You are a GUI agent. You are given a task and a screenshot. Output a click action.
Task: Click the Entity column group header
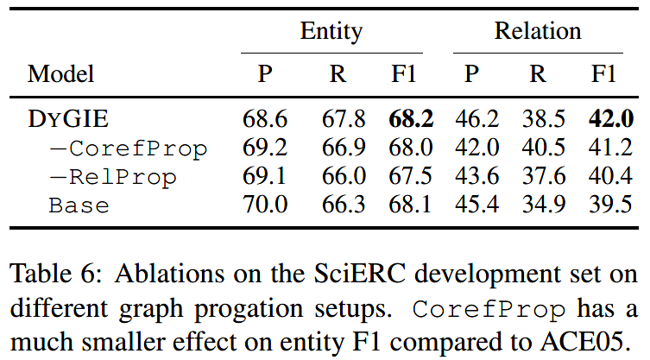click(331, 33)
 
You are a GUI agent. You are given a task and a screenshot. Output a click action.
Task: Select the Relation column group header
click(537, 33)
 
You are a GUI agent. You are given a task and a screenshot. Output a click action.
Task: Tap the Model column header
click(60, 74)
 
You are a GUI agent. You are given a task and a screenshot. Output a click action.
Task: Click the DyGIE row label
click(66, 119)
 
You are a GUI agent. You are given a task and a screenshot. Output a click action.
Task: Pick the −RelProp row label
click(113, 177)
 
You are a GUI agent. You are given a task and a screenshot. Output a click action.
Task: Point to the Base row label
click(79, 205)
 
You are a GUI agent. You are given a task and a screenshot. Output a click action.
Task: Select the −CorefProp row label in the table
click(129, 148)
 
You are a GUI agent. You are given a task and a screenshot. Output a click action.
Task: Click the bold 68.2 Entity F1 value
click(411, 119)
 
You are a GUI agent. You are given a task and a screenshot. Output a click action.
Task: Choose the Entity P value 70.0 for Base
click(266, 205)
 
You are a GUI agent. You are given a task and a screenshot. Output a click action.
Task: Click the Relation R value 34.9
click(539, 205)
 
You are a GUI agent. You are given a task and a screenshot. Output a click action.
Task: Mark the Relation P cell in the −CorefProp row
click(473, 148)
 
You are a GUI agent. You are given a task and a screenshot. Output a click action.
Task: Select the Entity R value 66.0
click(338, 177)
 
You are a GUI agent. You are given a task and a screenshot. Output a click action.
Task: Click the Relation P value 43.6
click(473, 177)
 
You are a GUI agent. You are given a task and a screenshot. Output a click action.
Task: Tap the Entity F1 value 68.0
click(411, 148)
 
